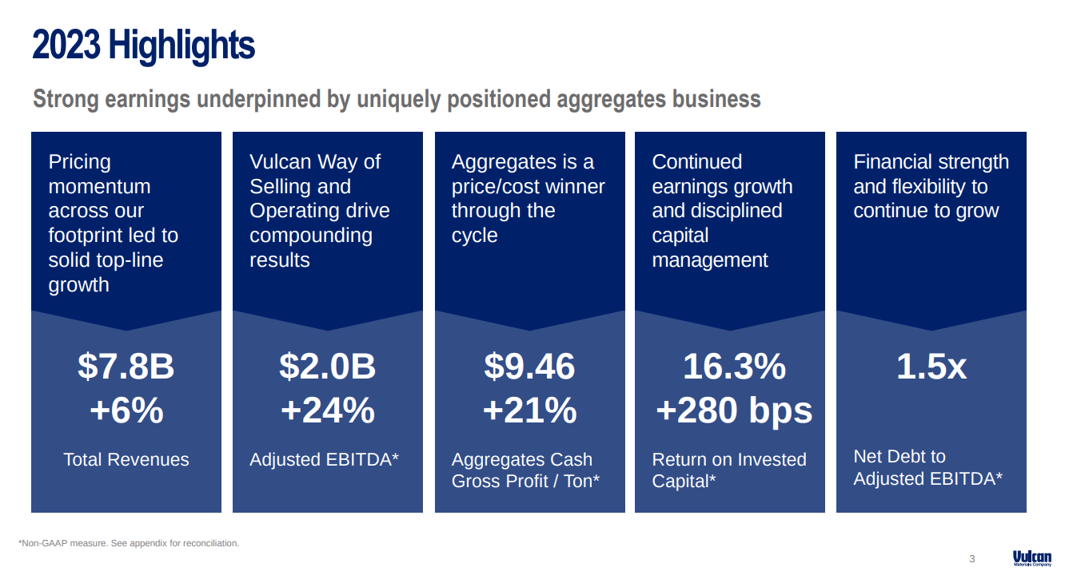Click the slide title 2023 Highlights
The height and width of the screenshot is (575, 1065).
(x=144, y=46)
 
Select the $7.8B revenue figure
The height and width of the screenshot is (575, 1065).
(x=126, y=367)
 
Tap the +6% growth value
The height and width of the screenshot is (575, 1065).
(x=126, y=410)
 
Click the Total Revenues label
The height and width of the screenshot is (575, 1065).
(x=126, y=459)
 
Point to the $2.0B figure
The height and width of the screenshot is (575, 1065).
(x=327, y=367)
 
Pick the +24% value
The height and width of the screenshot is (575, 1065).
(x=327, y=410)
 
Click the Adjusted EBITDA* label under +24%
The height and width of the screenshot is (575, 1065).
(x=324, y=459)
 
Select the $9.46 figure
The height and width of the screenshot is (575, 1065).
(x=529, y=367)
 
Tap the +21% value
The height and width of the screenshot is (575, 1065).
(x=529, y=410)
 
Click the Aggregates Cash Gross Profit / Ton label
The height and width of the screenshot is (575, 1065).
(x=525, y=470)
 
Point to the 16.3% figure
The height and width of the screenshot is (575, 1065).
(x=734, y=367)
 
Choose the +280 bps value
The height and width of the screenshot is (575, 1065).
(x=734, y=410)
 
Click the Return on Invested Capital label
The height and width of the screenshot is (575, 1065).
(x=728, y=470)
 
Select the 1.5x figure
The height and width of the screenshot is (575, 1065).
(x=931, y=367)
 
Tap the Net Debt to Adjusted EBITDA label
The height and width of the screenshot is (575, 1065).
(x=927, y=467)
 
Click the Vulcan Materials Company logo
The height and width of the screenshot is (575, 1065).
(x=1031, y=558)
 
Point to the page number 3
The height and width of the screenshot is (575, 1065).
(x=972, y=559)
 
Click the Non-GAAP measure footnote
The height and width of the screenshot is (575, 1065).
(x=129, y=543)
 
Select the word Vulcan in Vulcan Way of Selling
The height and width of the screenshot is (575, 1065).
(x=280, y=162)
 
